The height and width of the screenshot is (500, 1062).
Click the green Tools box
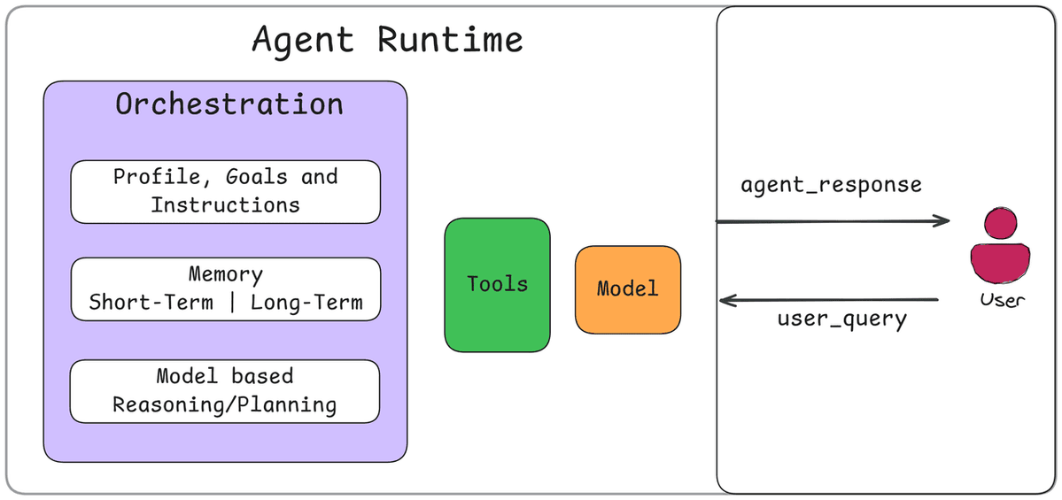point(497,284)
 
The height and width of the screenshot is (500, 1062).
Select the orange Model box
point(628,289)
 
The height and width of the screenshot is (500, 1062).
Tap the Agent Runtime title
point(387,41)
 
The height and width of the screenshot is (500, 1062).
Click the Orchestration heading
point(229,104)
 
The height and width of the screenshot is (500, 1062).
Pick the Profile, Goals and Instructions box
point(225,191)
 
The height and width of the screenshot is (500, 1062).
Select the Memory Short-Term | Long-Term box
point(225,289)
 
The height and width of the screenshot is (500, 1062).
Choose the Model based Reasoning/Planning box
point(225,391)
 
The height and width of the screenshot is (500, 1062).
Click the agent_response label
point(831,185)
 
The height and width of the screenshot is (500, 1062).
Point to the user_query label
point(841,318)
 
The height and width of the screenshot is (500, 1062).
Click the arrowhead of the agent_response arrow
point(943,221)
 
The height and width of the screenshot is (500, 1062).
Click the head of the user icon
point(1000,221)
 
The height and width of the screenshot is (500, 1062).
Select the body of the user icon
point(1000,261)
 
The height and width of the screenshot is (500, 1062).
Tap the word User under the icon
point(1002,300)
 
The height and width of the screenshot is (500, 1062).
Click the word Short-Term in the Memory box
point(151,303)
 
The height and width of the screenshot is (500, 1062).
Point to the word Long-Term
point(306,303)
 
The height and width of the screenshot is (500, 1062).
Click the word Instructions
point(225,205)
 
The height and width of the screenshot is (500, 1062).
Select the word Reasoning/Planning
point(224,405)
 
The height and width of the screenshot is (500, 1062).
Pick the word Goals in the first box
point(256,176)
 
